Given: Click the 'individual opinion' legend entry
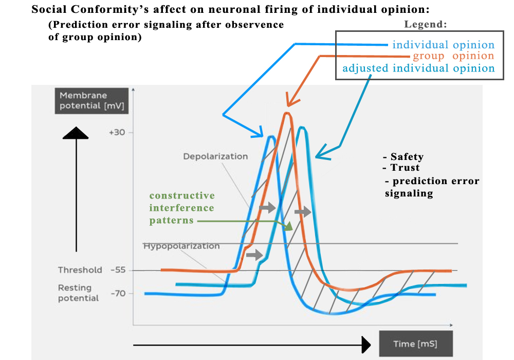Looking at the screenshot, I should (x=443, y=45).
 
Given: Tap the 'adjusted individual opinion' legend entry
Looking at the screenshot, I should (x=418, y=68).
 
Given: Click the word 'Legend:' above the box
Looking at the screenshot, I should (x=426, y=24).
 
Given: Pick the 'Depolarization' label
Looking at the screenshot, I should (x=215, y=156).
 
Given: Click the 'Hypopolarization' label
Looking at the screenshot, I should (x=181, y=246).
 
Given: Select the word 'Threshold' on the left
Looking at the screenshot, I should (x=80, y=270).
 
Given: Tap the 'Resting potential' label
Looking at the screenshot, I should (x=78, y=293).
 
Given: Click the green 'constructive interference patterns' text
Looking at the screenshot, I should (x=182, y=208).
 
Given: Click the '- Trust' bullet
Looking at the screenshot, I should (x=401, y=168).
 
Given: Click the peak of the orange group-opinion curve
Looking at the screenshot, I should (x=287, y=114).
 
